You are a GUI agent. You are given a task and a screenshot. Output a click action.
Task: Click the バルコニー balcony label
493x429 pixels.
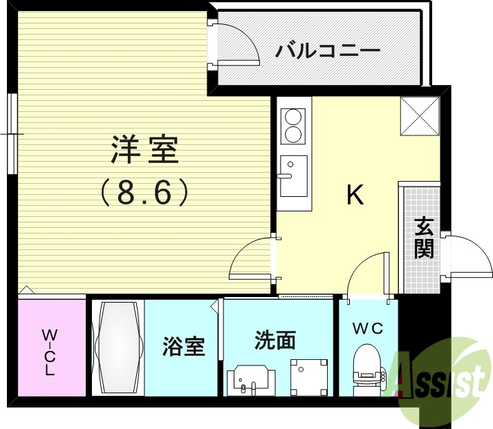coord(328,51)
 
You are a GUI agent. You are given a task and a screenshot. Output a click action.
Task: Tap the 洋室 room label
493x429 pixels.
coord(145,150)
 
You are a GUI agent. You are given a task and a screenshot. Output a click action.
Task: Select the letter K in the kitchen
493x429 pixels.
coord(355,196)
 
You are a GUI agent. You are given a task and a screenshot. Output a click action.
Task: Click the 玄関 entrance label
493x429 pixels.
coord(424,237)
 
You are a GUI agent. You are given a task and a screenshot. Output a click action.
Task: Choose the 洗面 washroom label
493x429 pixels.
coord(275,340)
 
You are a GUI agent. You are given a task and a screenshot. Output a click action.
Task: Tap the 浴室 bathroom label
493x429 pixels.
coord(184,345)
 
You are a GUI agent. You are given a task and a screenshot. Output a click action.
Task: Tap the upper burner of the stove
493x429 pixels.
coord(294,115)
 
